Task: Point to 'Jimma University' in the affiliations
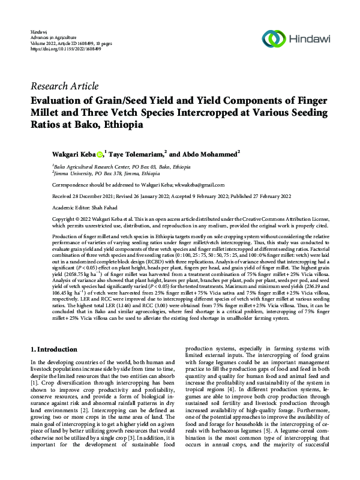[72, 172]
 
